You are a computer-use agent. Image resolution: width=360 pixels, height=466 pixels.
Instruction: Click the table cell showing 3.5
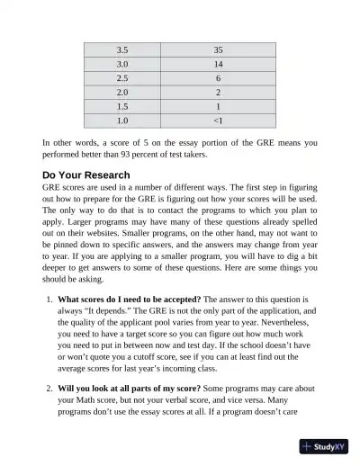coord(122,49)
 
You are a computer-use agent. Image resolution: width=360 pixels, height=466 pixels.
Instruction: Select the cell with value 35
coord(218,49)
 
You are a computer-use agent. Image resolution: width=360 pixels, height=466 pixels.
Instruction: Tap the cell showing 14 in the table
coord(218,64)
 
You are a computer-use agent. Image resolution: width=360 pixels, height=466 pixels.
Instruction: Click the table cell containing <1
coord(218,119)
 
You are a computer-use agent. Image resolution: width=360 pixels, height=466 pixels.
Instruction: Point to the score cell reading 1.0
coord(122,119)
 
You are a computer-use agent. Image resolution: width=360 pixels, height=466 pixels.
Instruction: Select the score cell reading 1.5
coord(122,105)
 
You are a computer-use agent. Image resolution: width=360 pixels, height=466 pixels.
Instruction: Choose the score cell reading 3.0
coord(122,64)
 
